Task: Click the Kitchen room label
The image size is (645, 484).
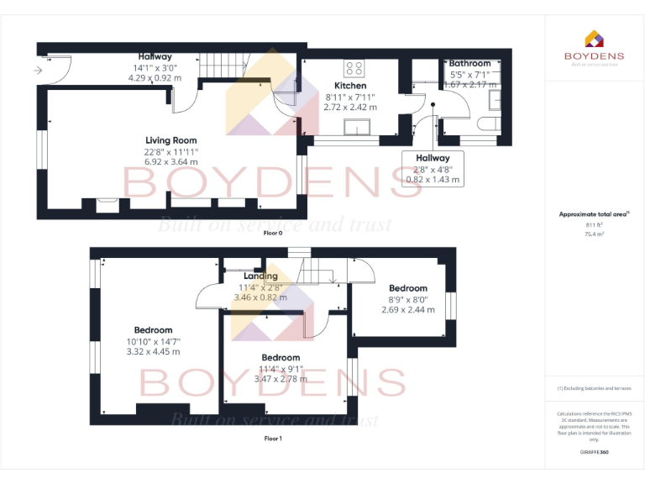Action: (x=350, y=86)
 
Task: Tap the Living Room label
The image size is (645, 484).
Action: (x=170, y=140)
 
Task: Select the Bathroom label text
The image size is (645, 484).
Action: (x=469, y=63)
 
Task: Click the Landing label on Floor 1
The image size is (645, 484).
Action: (x=260, y=276)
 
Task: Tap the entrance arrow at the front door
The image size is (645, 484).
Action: (x=38, y=71)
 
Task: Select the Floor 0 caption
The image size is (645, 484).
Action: (x=273, y=232)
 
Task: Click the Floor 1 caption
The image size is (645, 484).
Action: (x=273, y=439)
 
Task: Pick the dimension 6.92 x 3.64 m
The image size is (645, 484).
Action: (x=170, y=161)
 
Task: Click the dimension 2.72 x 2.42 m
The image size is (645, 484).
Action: (x=350, y=107)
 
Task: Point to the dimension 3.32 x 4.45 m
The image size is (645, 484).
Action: (x=154, y=351)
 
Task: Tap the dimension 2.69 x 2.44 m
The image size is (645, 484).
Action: (x=407, y=309)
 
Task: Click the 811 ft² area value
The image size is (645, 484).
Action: (x=594, y=225)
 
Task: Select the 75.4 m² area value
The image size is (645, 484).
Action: (x=594, y=234)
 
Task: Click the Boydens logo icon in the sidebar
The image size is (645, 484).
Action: (x=594, y=39)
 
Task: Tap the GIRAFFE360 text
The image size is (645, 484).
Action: (x=594, y=452)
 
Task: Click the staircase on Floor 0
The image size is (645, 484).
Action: (x=222, y=63)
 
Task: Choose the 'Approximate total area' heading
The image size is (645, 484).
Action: (x=592, y=214)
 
